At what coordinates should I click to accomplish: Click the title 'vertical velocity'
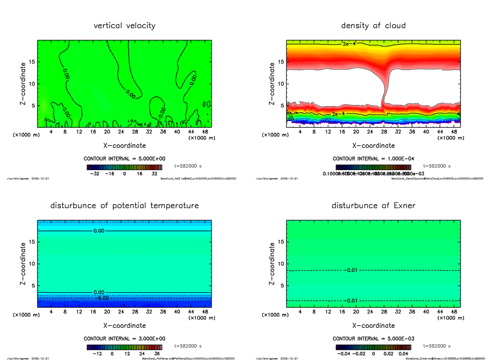tap(124, 26)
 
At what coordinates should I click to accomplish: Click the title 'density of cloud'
tap(373, 26)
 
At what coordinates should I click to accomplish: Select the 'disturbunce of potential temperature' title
tap(124, 206)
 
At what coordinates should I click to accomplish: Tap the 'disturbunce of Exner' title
tap(373, 206)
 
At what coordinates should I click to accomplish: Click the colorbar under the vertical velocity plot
tap(124, 168)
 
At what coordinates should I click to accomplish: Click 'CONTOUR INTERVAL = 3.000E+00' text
tap(124, 338)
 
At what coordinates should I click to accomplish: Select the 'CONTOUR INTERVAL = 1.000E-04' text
tap(373, 158)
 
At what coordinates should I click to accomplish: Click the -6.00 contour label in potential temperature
tap(101, 298)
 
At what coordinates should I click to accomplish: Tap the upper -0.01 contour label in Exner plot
tap(352, 270)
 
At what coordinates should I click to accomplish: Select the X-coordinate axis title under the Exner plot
tap(373, 326)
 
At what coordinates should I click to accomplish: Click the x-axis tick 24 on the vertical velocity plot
tap(121, 132)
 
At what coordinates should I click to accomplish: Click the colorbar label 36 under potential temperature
tap(157, 354)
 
